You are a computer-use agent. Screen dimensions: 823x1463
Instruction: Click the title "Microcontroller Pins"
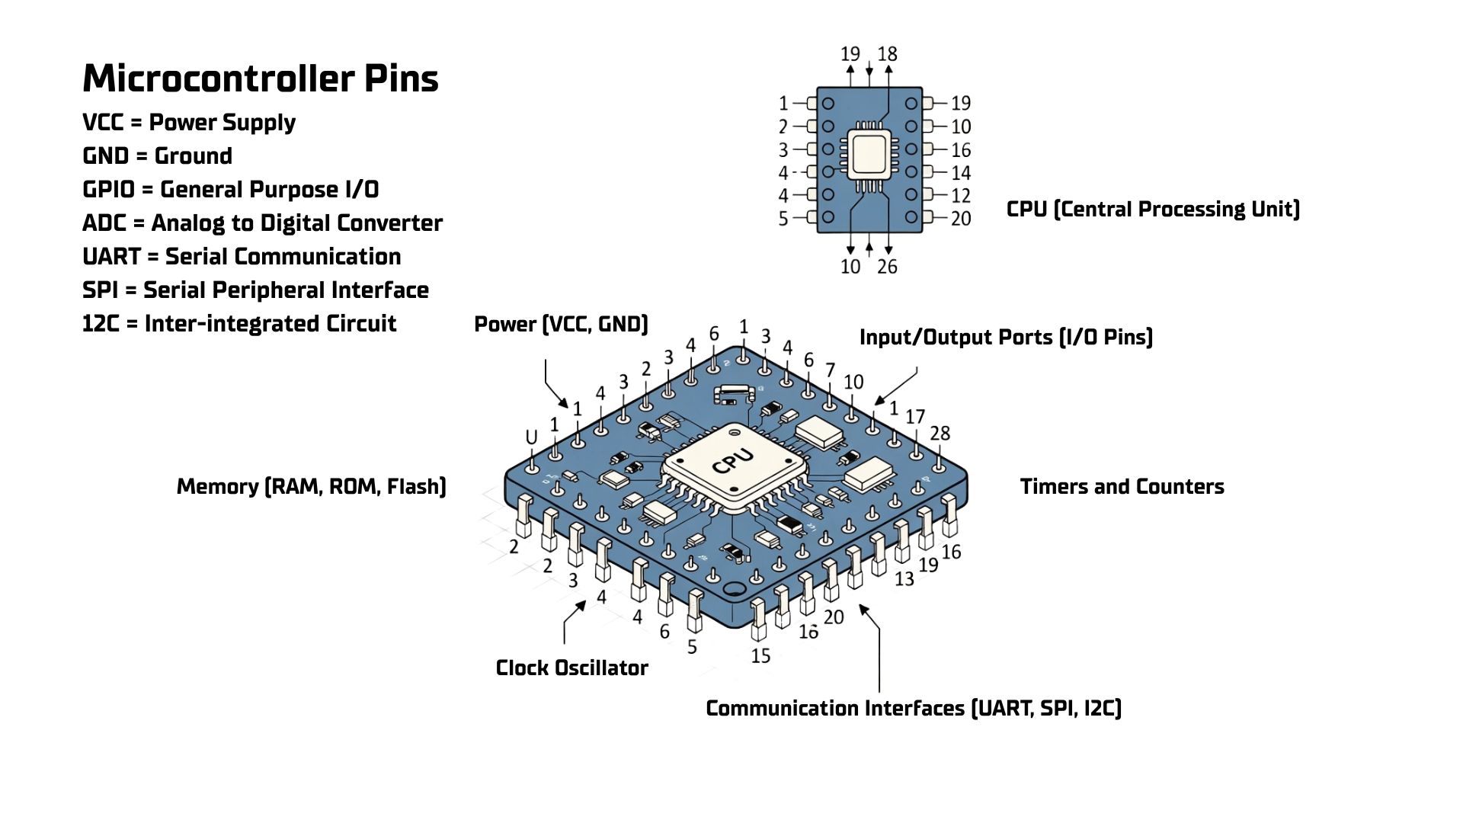coord(260,78)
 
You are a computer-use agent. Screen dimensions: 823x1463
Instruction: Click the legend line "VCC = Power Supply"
coord(188,123)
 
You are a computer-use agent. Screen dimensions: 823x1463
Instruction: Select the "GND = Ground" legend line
coord(157,156)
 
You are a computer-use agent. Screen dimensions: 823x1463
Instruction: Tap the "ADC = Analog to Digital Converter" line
coord(262,223)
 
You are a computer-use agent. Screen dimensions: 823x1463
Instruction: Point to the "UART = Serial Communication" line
coord(242,257)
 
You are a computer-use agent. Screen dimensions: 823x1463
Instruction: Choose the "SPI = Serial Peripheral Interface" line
coord(255,290)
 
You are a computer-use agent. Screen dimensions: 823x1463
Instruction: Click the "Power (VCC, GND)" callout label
coord(561,325)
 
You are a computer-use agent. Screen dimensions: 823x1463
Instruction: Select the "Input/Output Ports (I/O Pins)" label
coord(1006,337)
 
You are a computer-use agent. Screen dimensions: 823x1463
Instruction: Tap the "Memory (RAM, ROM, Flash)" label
coord(311,486)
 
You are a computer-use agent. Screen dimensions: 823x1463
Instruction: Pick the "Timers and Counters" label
coord(1122,486)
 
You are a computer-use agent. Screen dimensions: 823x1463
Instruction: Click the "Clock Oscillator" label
coord(571,668)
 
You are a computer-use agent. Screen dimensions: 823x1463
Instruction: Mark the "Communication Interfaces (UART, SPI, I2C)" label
coord(914,709)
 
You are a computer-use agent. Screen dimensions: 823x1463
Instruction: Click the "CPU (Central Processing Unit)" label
coord(1153,209)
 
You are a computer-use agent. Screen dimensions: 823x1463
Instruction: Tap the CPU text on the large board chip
coord(733,461)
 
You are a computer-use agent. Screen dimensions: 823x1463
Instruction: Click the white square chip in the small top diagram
coord(869,155)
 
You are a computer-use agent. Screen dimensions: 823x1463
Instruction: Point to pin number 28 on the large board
coord(940,434)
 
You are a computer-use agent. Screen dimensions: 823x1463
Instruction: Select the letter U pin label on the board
coord(532,437)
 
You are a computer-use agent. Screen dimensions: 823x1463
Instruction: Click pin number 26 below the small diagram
coord(887,267)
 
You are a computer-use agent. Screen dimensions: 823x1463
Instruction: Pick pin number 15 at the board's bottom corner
coord(760,655)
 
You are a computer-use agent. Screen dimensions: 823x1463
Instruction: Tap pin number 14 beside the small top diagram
coord(961,173)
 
